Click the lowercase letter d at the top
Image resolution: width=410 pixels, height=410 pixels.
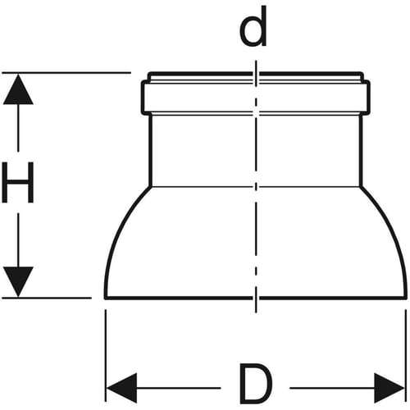tap(253, 27)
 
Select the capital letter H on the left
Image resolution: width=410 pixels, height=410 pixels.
tap(18, 182)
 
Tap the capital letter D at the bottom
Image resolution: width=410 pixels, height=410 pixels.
tap(256, 384)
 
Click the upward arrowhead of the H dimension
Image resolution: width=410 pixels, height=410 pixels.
tap(18, 89)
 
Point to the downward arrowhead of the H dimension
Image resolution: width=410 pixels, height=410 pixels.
tap(18, 282)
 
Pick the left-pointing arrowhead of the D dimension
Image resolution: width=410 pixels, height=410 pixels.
tap(121, 388)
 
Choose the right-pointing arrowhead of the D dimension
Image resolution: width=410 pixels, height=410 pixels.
tap(389, 388)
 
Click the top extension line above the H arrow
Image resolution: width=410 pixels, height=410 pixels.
tap(66, 73)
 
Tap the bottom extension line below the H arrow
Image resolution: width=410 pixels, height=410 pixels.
tap(47, 298)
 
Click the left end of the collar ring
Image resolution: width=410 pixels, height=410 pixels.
tap(142, 98)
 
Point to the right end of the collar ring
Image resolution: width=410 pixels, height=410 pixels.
tap(369, 98)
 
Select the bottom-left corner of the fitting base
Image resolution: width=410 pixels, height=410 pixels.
tap(106, 298)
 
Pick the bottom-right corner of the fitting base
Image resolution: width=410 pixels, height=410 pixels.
tap(406, 298)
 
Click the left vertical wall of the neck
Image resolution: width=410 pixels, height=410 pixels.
tap(150, 150)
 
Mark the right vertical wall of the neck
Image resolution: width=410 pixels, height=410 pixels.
tap(361, 150)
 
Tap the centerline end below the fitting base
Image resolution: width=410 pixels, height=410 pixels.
tap(256, 312)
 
